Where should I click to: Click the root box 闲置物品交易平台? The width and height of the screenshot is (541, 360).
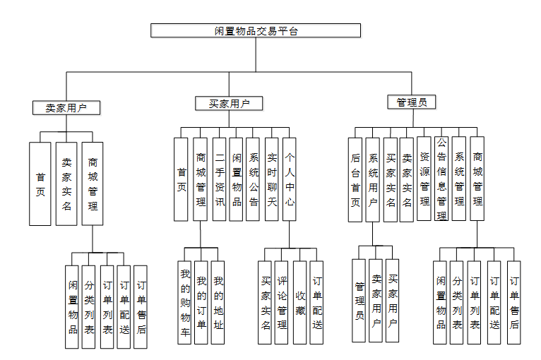pyautogui.click(x=256, y=30)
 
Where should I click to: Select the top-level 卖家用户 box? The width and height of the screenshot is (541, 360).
pyautogui.click(x=66, y=108)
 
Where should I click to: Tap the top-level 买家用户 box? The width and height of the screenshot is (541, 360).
pyautogui.click(x=229, y=104)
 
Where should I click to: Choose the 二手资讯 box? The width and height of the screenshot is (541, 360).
pyautogui.click(x=220, y=180)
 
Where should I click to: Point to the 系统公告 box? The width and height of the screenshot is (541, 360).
pyautogui.click(x=254, y=180)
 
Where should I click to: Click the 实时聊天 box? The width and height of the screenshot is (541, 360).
pyautogui.click(x=272, y=180)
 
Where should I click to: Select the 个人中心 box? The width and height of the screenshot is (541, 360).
pyautogui.click(x=290, y=180)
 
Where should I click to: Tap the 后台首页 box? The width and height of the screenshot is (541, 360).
pyautogui.click(x=355, y=180)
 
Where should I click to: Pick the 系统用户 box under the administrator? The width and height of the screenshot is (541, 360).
pyautogui.click(x=373, y=180)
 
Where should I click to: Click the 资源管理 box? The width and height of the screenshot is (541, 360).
pyautogui.click(x=424, y=180)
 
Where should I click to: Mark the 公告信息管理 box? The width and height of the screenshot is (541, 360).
pyautogui.click(x=441, y=180)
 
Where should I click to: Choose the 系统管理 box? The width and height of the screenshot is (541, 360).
pyautogui.click(x=459, y=180)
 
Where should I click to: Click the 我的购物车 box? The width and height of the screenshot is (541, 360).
pyautogui.click(x=184, y=302)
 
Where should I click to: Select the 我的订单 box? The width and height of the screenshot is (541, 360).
pyautogui.click(x=201, y=302)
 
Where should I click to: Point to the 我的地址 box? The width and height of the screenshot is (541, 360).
pyautogui.click(x=218, y=302)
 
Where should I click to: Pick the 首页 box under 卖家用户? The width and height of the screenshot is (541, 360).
pyautogui.click(x=40, y=184)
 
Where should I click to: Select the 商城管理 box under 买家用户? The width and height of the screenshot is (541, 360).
pyautogui.click(x=201, y=180)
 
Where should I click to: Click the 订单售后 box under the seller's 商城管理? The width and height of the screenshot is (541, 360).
pyautogui.click(x=141, y=307)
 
